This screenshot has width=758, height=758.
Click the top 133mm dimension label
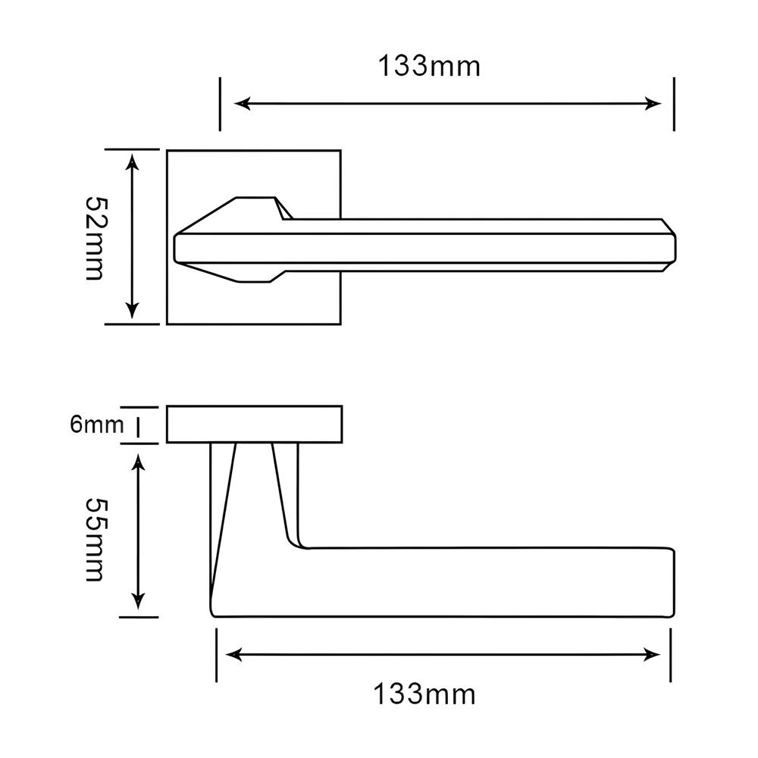pyautogui.click(x=429, y=66)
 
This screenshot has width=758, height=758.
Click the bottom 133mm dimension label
pyautogui.click(x=424, y=694)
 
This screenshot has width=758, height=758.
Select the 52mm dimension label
pyautogui.click(x=95, y=238)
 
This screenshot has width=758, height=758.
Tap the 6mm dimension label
pyautogui.click(x=97, y=424)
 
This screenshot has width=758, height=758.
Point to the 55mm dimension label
pyautogui.click(x=95, y=540)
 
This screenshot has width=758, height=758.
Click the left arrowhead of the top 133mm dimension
pyautogui.click(x=242, y=103)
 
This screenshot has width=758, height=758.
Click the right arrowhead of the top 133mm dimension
pyautogui.click(x=653, y=103)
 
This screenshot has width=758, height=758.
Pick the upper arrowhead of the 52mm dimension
pyautogui.click(x=132, y=161)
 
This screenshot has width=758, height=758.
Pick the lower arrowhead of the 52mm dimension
pyautogui.click(x=132, y=310)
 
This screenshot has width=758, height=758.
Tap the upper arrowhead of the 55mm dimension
pyautogui.click(x=139, y=462)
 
